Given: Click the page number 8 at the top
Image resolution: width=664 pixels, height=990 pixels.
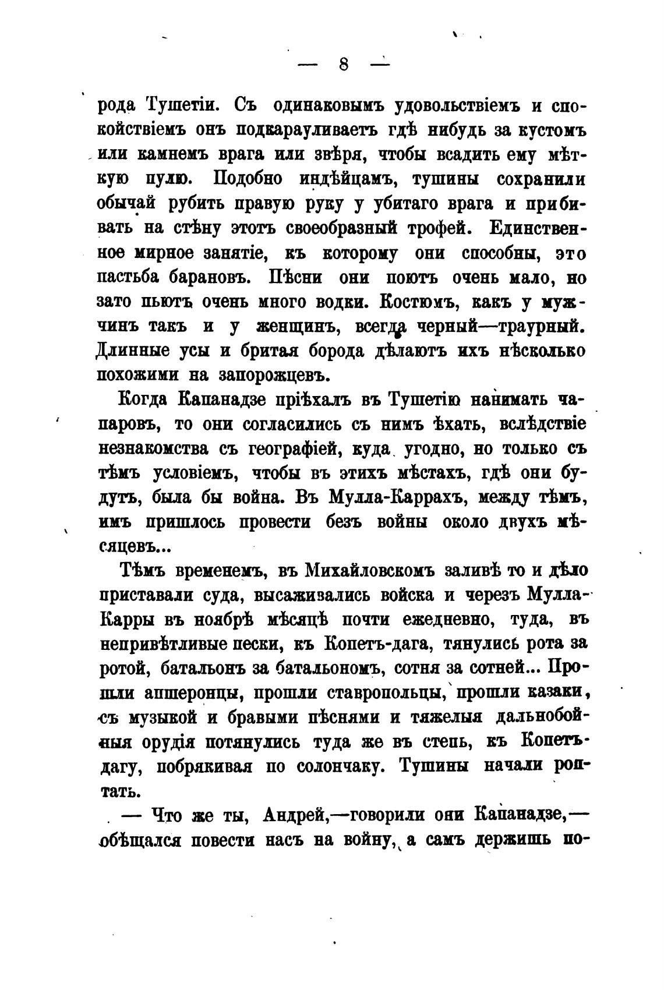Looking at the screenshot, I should point(343,65).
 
